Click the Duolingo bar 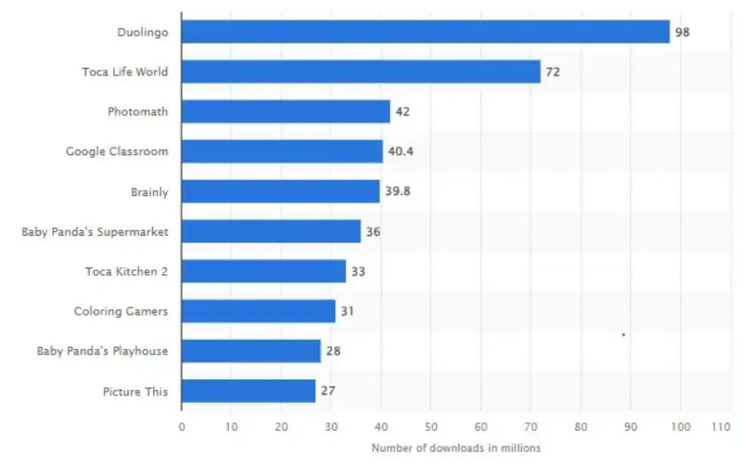(x=425, y=32)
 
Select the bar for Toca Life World (x=361, y=71)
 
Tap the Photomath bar (x=286, y=111)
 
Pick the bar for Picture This (x=249, y=391)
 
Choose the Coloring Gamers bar (x=258, y=311)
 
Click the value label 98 (x=683, y=32)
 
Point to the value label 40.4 (x=400, y=151)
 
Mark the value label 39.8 (x=397, y=191)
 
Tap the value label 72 (x=552, y=71)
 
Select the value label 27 (x=327, y=391)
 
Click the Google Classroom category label (x=117, y=151)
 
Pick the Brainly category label (x=149, y=191)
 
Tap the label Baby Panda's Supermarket (x=95, y=231)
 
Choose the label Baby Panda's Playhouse (x=102, y=351)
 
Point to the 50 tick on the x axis (x=431, y=427)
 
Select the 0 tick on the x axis (x=182, y=427)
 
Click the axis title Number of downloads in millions (x=455, y=448)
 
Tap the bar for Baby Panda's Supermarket (x=271, y=231)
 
